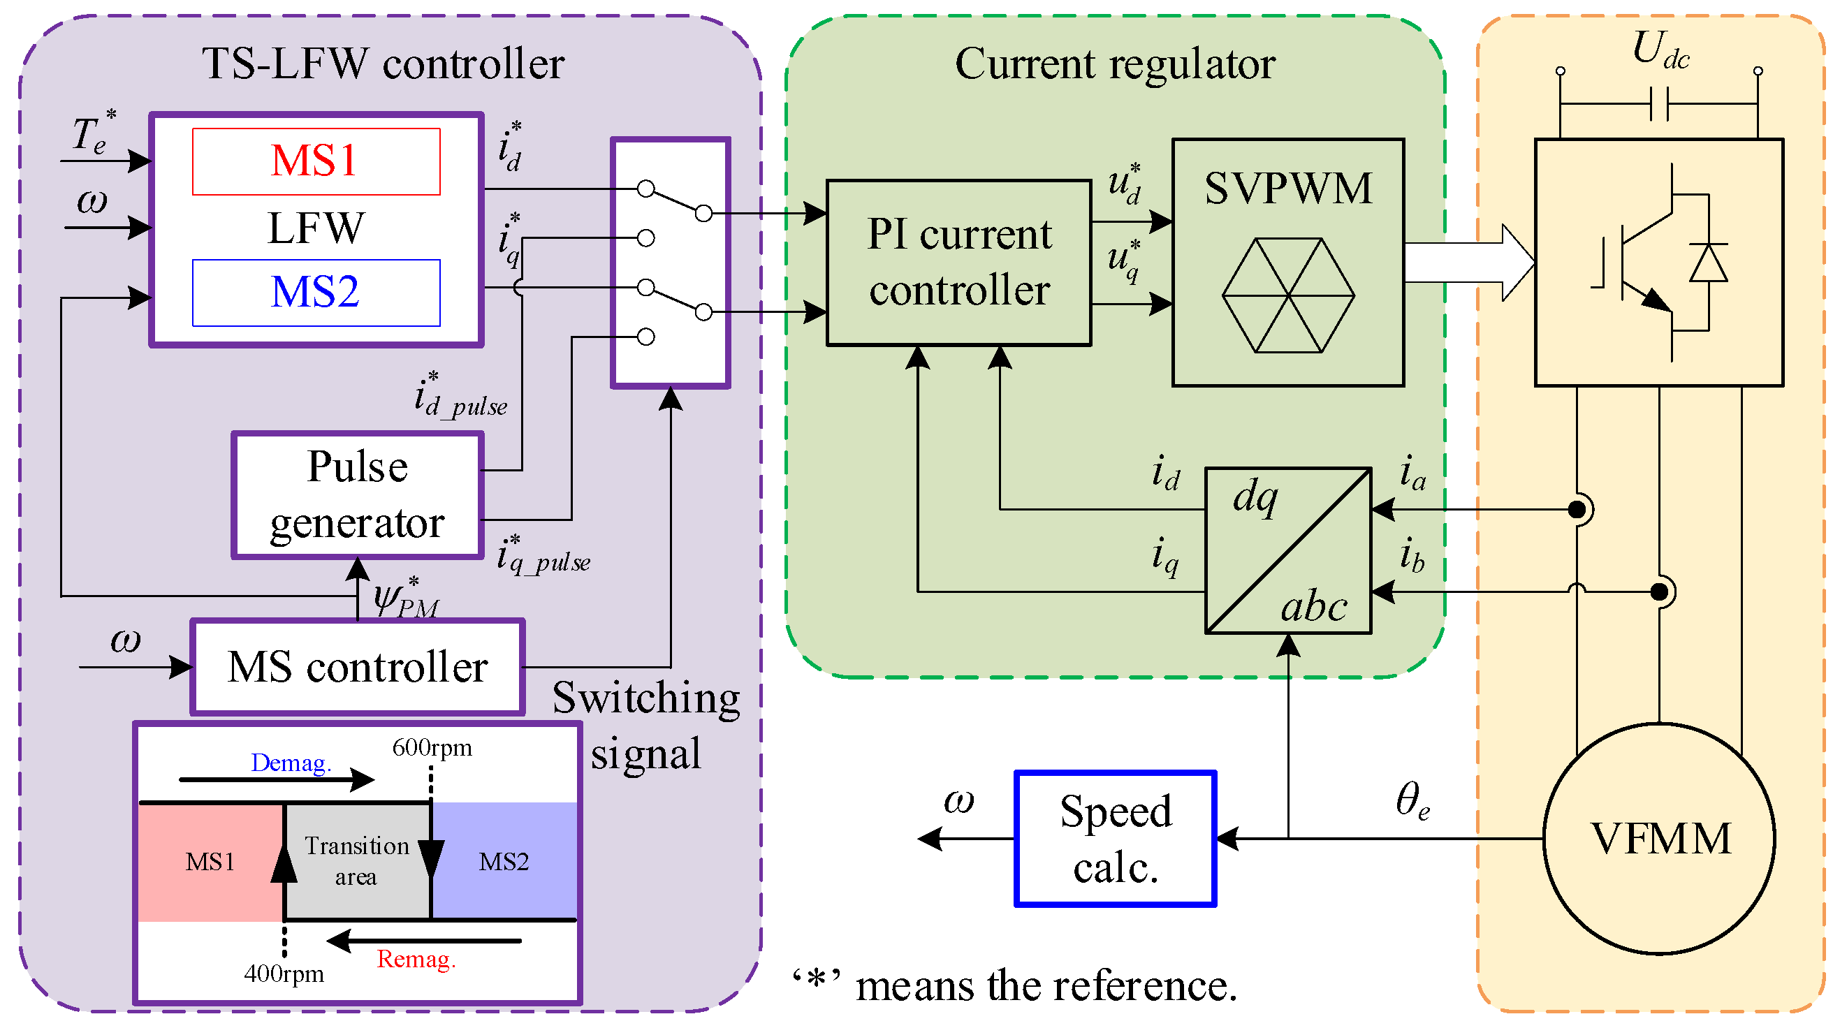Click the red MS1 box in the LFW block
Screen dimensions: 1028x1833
[x=316, y=161]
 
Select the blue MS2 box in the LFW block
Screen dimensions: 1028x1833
[x=316, y=293]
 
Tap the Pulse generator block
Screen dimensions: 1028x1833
[x=357, y=495]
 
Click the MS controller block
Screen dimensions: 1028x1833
[x=357, y=668]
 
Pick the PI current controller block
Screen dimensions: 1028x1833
[x=958, y=263]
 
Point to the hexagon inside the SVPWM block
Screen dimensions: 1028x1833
[x=1288, y=295]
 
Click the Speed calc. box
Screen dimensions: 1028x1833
[x=1115, y=839]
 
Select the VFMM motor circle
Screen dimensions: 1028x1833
[x=1659, y=839]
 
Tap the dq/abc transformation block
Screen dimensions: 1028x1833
[x=1288, y=550]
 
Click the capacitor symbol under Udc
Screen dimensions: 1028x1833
[x=1659, y=105]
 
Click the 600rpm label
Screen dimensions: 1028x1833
[x=432, y=748]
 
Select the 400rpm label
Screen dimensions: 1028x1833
[x=284, y=974]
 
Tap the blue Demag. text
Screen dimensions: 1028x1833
[x=291, y=763]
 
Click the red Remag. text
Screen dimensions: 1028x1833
[x=416, y=960]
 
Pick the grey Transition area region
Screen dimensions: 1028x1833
[x=357, y=861]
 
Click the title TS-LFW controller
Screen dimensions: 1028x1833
[x=384, y=64]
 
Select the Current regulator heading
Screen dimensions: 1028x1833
[x=1115, y=64]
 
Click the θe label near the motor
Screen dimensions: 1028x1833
[x=1412, y=800]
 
